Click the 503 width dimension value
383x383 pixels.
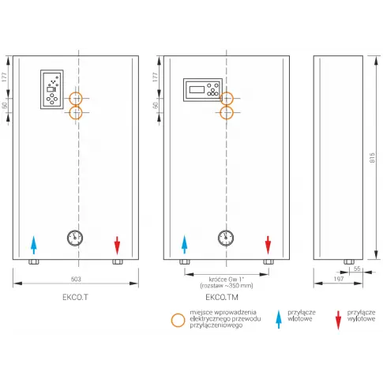click(76, 279)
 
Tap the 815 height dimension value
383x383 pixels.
click(372, 157)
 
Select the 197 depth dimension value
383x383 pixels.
click(339, 279)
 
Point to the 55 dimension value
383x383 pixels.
click(357, 268)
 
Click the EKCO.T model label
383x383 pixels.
click(75, 297)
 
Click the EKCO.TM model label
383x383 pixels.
click(222, 297)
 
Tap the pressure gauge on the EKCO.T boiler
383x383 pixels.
click(75, 238)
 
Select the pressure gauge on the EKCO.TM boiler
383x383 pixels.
click(226, 238)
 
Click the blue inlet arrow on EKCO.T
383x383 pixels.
click(33, 245)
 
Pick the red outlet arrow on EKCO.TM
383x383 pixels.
click(268, 245)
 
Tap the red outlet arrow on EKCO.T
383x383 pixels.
click(117, 245)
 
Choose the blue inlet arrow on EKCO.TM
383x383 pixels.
click(184, 245)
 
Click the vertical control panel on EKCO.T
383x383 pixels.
click(52, 89)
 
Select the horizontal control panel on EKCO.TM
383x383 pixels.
click(203, 90)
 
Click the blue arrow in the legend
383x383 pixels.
click(279, 319)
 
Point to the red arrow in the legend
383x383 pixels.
click(338, 320)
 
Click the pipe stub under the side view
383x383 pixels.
click(349, 261)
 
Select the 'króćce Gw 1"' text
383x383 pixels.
click(227, 280)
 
